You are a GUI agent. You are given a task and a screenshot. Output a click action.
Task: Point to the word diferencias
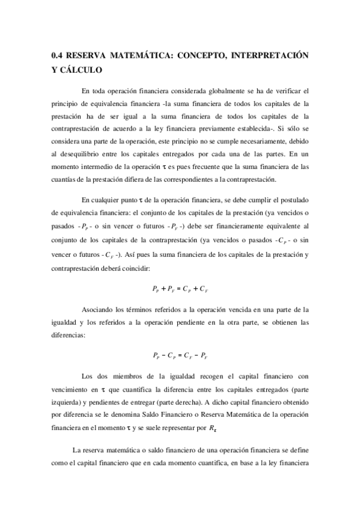[69, 335]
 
